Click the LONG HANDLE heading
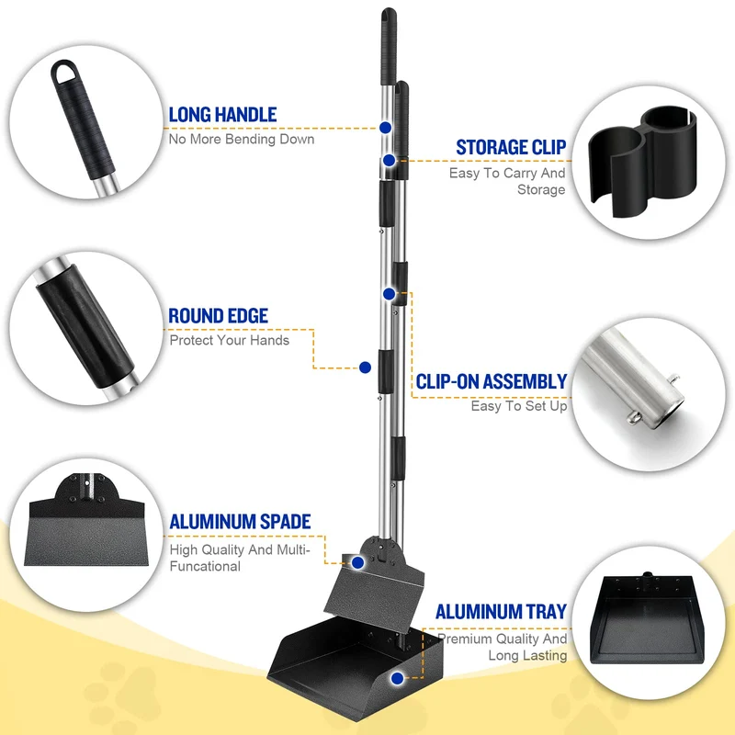222,115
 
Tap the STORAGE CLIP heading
511,147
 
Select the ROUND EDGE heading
219,316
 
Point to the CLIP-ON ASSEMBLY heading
492,381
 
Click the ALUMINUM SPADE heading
240,522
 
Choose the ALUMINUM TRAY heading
501,612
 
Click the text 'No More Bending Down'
242,140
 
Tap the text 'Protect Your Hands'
229,340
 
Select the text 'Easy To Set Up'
519,406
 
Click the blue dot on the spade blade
357,562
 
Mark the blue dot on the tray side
397,678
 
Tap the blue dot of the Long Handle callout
385,128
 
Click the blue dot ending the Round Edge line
365,367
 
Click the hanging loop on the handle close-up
63,72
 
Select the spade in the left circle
86,520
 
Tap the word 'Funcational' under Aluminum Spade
205,566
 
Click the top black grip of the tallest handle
389,46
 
